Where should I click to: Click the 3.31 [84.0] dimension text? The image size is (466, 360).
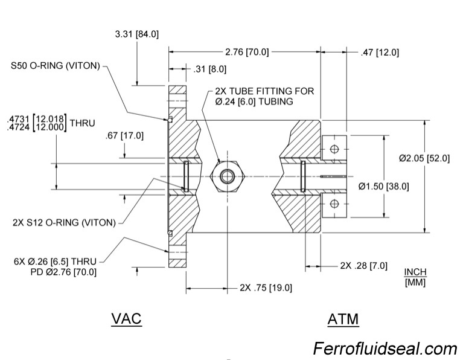(136, 34)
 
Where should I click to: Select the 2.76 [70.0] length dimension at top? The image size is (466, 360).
(246, 52)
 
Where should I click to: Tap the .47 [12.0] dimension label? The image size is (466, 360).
(380, 53)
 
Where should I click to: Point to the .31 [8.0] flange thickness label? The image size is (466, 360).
(209, 69)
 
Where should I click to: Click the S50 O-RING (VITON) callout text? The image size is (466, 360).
(55, 65)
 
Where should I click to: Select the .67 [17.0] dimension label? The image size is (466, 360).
(123, 135)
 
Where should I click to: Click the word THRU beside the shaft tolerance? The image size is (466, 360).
(82, 123)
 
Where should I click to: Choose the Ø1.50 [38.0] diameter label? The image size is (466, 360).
(383, 186)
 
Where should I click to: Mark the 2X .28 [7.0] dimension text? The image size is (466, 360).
(364, 266)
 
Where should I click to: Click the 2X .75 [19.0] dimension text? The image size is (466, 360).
(266, 288)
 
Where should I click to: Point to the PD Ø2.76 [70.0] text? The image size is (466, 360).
(63, 272)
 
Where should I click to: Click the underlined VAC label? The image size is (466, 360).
(126, 318)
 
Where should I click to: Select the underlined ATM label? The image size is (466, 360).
(343, 318)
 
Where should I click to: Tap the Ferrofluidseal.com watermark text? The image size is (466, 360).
(385, 349)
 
